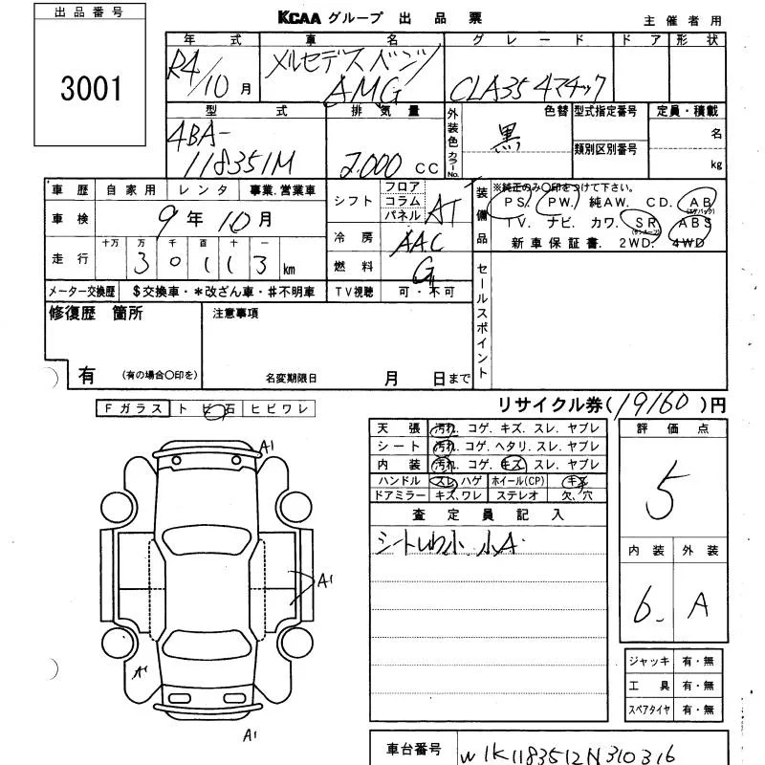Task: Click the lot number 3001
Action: click(x=91, y=89)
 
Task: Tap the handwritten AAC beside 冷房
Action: click(x=418, y=242)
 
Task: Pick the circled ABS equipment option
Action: click(x=694, y=223)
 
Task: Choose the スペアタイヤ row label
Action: click(x=649, y=710)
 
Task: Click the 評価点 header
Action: click(x=672, y=429)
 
